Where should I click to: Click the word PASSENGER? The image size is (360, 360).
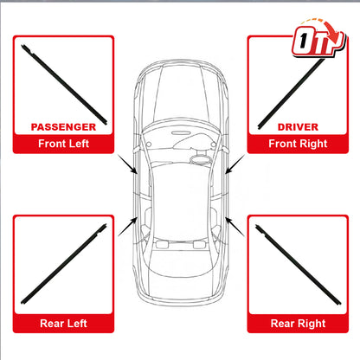click(63, 127)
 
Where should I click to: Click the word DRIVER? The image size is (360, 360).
click(298, 127)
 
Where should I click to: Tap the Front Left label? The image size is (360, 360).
click(63, 144)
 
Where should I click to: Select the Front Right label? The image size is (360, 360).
click(298, 144)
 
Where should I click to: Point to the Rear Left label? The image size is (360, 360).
click(63, 323)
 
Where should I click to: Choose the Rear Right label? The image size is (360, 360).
click(298, 324)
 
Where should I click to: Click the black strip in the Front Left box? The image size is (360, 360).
click(64, 85)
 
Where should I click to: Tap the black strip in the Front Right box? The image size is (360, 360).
click(292, 93)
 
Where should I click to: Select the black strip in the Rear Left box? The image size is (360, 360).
click(64, 264)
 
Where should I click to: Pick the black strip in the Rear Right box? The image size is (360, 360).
click(299, 265)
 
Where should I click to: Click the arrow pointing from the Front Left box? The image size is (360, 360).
click(127, 164)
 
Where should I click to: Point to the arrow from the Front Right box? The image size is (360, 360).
click(235, 164)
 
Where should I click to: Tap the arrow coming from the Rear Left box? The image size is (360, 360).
click(127, 227)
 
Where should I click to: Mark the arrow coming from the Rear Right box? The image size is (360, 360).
click(235, 227)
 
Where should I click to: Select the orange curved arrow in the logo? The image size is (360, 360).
click(323, 29)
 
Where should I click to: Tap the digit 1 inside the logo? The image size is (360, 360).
click(303, 41)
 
